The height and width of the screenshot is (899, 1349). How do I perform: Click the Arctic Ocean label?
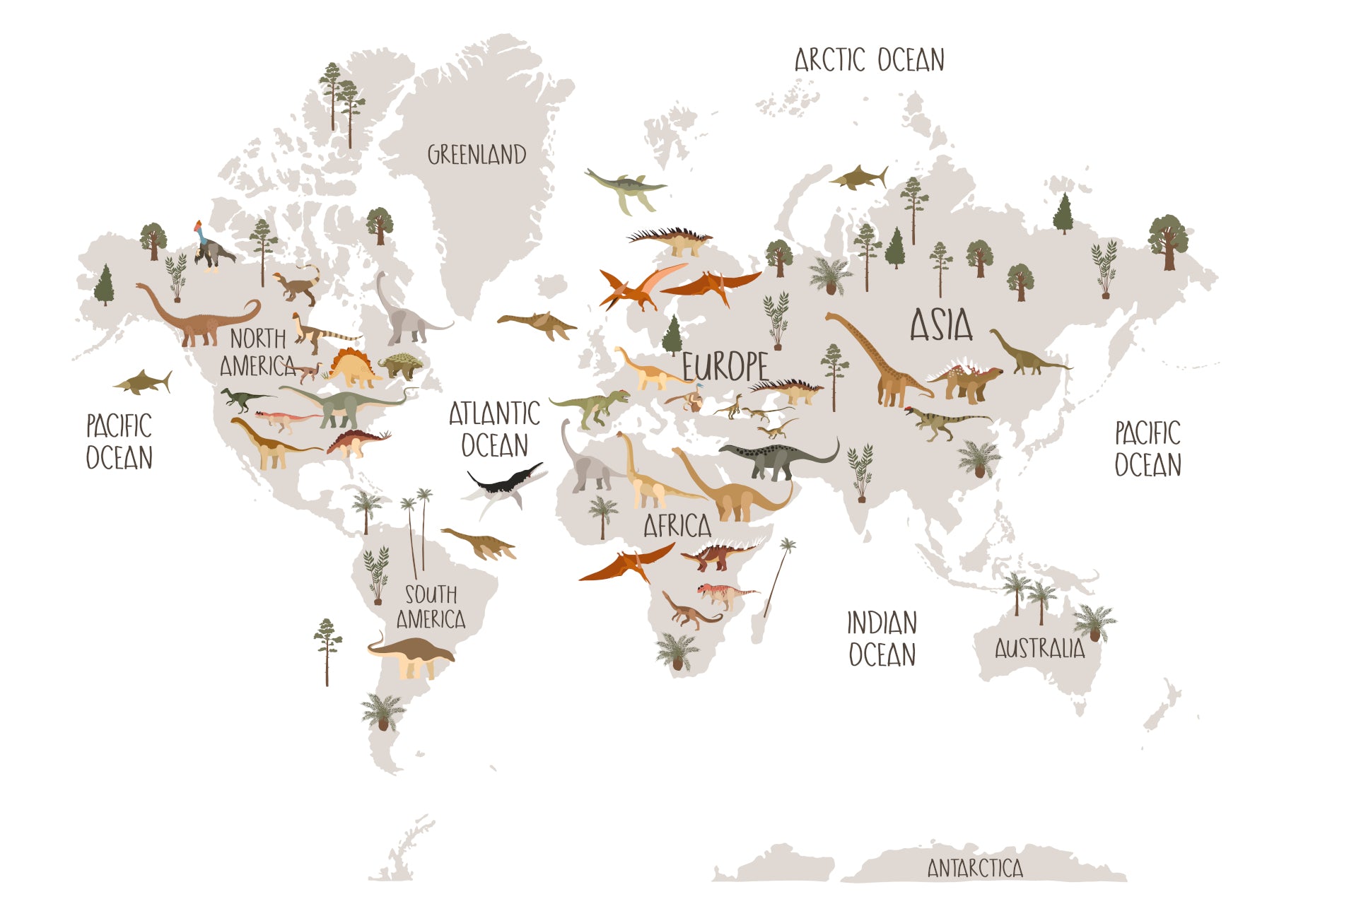pos(869,61)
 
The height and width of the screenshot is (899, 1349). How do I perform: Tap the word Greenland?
pos(477,155)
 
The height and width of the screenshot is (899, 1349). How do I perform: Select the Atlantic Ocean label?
pos(494,429)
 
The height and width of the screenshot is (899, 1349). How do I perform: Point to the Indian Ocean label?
pos(882,639)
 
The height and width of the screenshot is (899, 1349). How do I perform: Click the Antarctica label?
pos(975,868)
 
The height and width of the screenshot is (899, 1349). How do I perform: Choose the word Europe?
pos(725,367)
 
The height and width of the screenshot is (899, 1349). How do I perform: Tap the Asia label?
pos(940,325)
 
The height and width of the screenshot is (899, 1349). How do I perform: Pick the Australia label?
pos(1039,648)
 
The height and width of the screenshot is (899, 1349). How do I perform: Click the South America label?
pos(431,607)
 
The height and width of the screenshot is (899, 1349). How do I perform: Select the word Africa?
pos(677,526)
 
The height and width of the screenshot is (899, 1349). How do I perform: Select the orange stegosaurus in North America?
pos(351,368)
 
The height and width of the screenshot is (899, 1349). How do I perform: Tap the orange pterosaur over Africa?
pos(626,562)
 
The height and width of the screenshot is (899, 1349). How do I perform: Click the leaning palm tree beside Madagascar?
pos(778,575)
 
